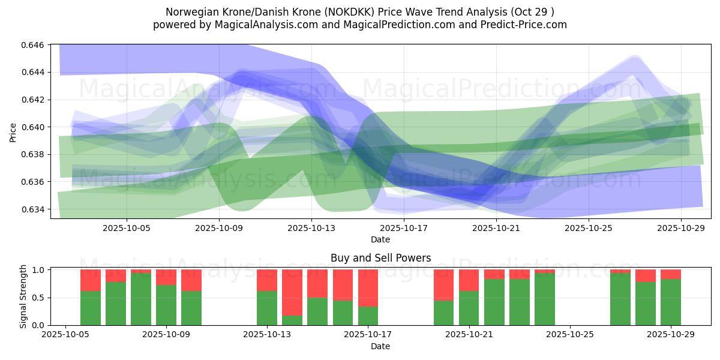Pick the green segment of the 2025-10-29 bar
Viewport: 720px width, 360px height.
[671, 302]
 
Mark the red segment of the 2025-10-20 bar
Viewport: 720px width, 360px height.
[443, 285]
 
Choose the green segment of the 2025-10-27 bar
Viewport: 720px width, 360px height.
[620, 299]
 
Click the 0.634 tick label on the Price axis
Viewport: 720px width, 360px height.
[34, 209]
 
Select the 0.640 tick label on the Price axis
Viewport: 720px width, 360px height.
[34, 127]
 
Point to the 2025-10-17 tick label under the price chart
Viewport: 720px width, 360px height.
[404, 228]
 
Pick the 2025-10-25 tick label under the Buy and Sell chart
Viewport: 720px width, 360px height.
[569, 335]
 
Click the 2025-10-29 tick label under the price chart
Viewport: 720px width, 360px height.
[681, 228]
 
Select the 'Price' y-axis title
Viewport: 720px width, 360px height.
[13, 131]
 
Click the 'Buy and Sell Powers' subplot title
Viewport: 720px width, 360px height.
[380, 259]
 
